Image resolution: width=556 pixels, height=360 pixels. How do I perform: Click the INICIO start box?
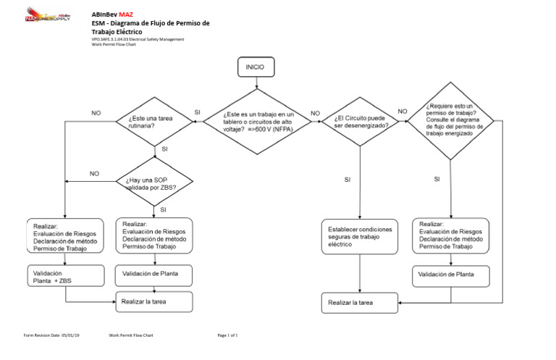[x=255, y=67]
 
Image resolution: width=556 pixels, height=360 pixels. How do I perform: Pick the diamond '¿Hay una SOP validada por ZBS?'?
[x=156, y=183]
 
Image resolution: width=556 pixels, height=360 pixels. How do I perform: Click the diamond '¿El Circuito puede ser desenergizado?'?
[x=361, y=122]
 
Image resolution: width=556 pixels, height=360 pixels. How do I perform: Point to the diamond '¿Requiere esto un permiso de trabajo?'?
[x=451, y=122]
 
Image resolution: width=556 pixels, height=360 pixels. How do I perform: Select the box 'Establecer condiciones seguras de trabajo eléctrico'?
[x=360, y=237]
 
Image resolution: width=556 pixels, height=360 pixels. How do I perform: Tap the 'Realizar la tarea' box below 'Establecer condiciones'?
[x=360, y=302]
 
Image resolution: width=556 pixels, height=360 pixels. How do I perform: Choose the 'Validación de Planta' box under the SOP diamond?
[x=154, y=275]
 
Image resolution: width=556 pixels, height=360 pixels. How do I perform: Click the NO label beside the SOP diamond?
[x=94, y=174]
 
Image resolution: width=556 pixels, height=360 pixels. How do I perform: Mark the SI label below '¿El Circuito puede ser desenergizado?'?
[x=347, y=179]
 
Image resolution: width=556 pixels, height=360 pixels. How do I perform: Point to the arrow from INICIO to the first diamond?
[x=255, y=83]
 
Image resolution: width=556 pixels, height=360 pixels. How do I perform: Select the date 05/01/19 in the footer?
[x=71, y=336]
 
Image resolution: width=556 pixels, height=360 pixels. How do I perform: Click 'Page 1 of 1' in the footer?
[x=227, y=336]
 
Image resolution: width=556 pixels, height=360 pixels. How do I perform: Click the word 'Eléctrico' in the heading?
[x=127, y=33]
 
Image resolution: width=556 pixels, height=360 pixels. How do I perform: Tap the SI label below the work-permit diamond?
[x=437, y=179]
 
